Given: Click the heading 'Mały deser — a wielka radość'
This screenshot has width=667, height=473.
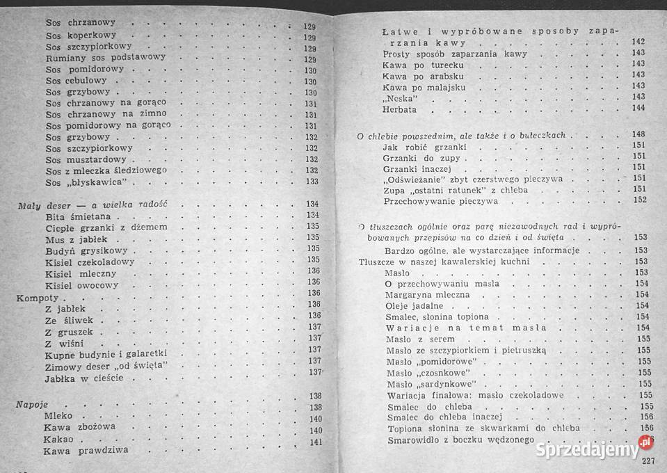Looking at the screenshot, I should (x=94, y=205).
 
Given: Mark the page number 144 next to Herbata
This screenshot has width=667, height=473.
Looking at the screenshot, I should (x=638, y=108).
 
